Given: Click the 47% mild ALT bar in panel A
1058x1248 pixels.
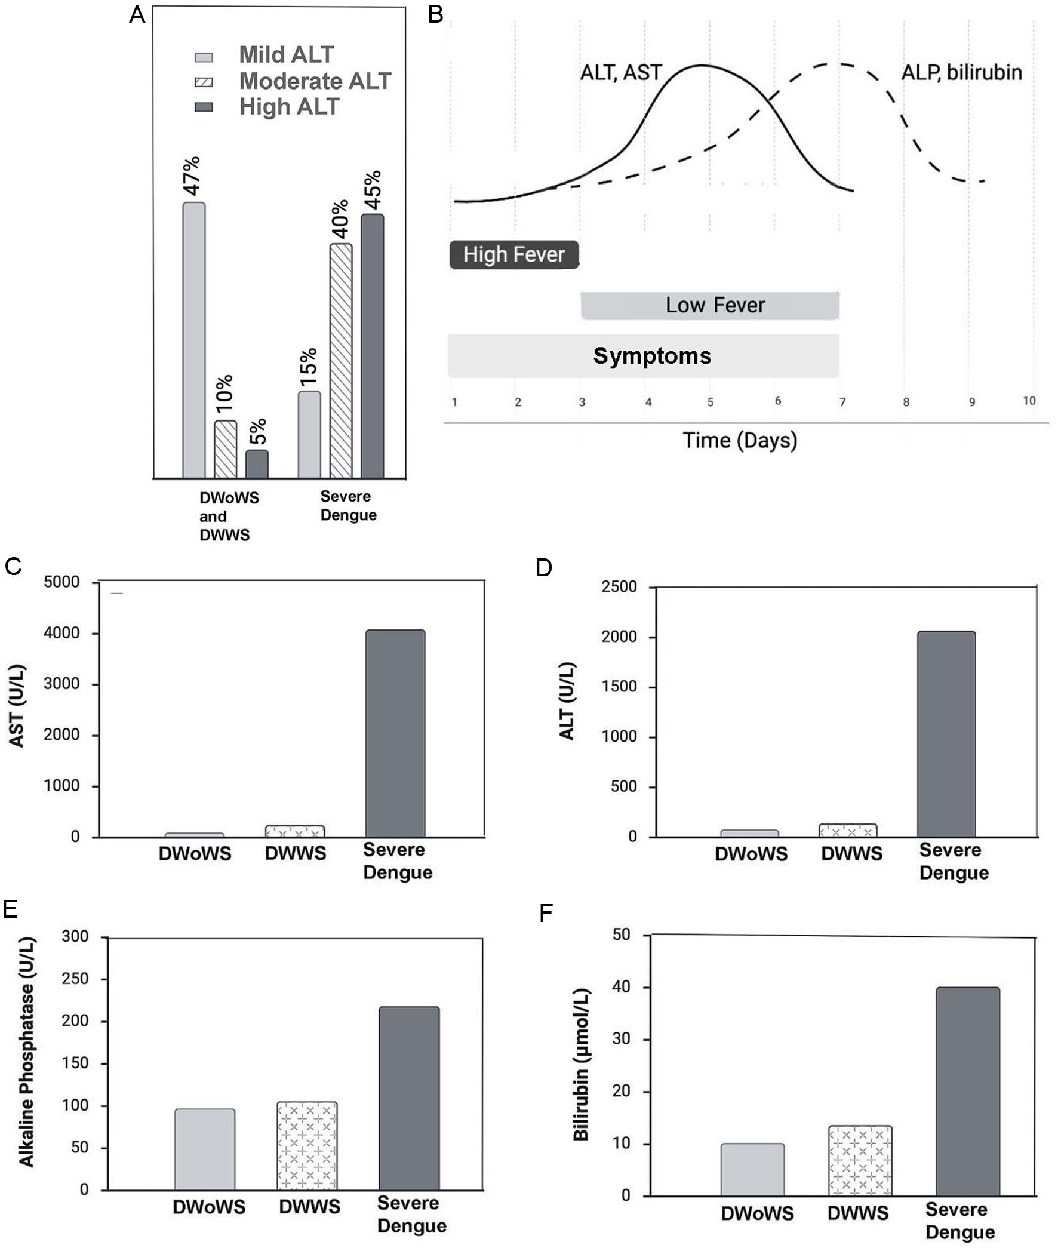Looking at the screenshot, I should tap(193, 340).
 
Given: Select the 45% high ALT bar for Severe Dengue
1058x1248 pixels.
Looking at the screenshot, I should tap(372, 346).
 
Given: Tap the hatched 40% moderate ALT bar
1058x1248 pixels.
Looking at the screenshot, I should tap(341, 361).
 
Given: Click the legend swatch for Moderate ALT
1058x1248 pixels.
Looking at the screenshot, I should tap(204, 82).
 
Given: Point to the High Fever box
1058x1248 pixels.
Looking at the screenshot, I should tap(514, 255).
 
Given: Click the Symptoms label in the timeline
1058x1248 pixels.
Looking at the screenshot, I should tap(652, 356).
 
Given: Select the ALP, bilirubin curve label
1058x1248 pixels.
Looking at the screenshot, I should tap(961, 73).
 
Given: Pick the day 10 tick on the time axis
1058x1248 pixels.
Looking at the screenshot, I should tap(1029, 401).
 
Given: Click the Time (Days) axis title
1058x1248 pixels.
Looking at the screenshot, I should tap(740, 441).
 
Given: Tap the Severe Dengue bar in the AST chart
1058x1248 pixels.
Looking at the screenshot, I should tap(395, 733).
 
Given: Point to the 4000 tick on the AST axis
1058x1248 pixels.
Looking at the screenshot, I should tap(61, 634).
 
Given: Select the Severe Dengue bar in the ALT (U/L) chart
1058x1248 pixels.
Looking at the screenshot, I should tap(946, 733).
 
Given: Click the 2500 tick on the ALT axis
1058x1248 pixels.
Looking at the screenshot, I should tap(619, 587).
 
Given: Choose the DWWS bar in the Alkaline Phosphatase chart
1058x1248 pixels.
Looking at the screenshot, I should tap(307, 1145).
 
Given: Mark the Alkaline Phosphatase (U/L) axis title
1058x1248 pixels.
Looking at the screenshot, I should tap(27, 1052).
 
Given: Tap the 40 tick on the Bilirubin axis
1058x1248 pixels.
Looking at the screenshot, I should tap(622, 986).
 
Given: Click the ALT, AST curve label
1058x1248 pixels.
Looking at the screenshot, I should tap(620, 73).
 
